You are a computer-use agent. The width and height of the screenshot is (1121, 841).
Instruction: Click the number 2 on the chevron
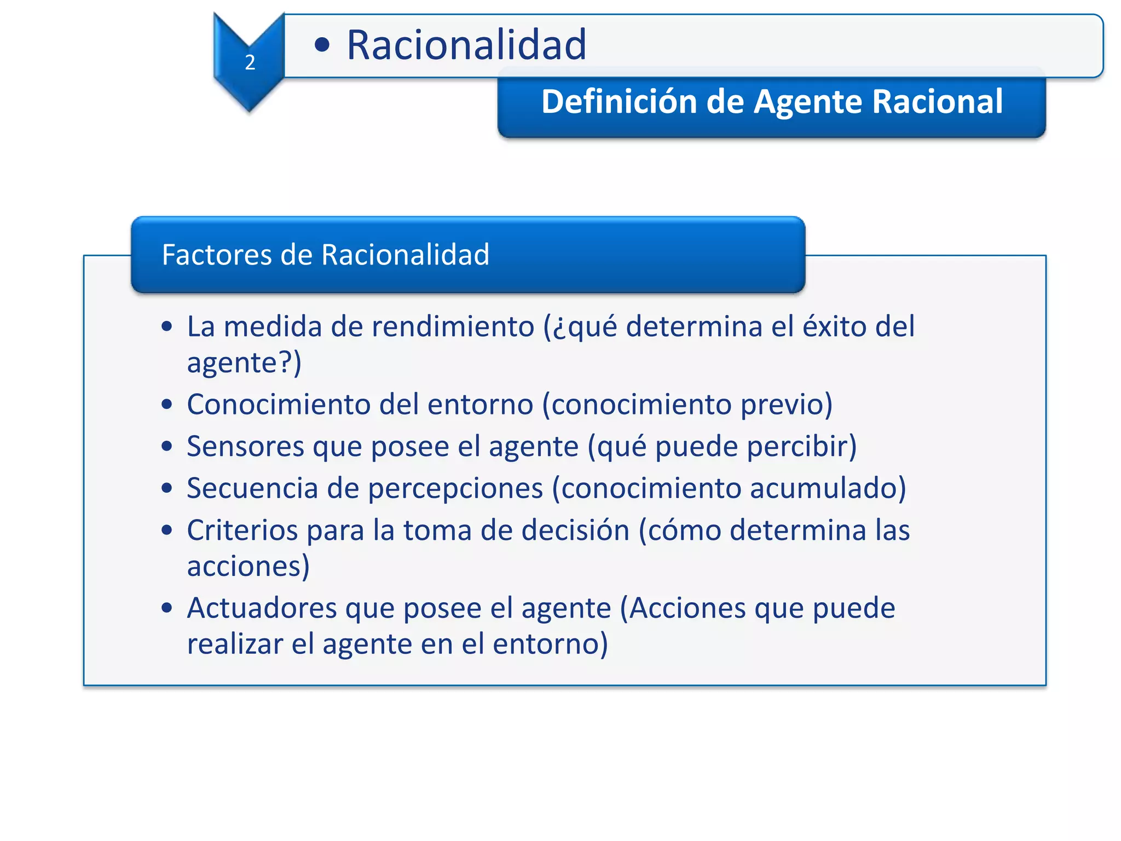[250, 62]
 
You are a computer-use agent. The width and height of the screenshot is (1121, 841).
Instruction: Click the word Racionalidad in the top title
[466, 45]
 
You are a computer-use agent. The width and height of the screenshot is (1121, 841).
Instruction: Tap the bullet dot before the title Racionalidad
[322, 45]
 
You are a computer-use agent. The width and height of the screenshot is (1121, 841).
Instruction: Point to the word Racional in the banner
[937, 102]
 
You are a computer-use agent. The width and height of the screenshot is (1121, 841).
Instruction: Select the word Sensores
[245, 446]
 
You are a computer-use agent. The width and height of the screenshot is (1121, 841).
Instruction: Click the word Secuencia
[252, 488]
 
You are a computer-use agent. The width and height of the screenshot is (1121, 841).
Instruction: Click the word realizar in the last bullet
[235, 644]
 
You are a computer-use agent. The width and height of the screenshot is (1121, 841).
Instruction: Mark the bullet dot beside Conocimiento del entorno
[167, 405]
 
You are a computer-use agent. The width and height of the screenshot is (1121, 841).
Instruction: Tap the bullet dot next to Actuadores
[167, 608]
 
